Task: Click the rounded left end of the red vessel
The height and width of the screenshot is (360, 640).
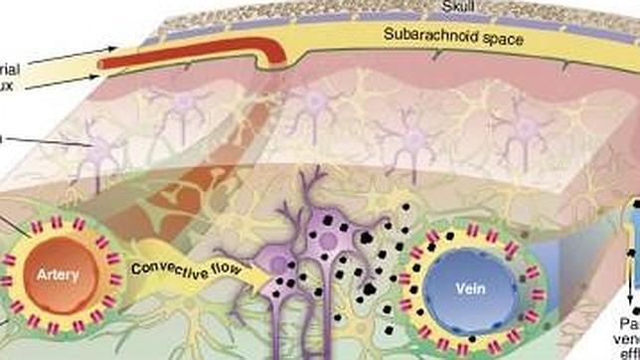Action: pos(102,66)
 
